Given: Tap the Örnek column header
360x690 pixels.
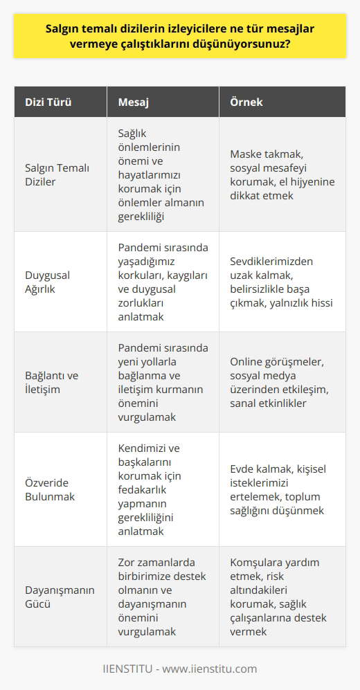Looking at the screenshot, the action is coord(246,103).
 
